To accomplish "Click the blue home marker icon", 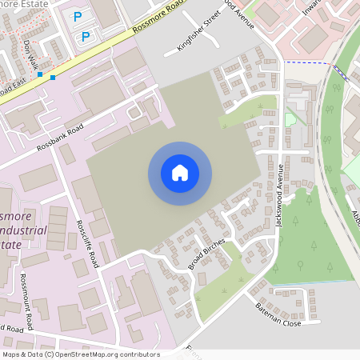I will point(180,173).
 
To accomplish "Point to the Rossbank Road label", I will point(60,138).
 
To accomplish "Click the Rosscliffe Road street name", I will point(86,243).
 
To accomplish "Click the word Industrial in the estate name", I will point(26,231).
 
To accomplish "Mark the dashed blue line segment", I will point(307,63).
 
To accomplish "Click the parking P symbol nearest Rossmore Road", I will point(85,36).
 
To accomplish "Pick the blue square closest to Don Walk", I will point(40,74).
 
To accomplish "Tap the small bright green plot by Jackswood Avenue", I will point(290,119).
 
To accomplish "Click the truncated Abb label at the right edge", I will point(355,216).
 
